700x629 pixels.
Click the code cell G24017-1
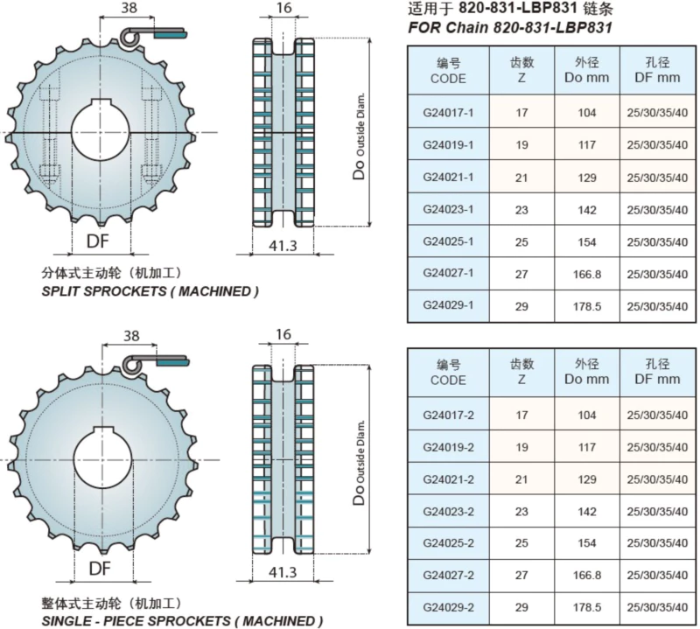coord(448,113)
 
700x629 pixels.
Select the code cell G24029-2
coord(448,607)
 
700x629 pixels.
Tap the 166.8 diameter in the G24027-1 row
coord(587,274)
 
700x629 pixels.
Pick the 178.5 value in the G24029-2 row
coord(587,607)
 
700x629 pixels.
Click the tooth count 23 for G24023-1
coord(521,210)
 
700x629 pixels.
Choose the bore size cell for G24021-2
coord(657,479)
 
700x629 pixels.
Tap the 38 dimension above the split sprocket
coord(129,8)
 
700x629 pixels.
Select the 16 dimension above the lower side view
coord(283,334)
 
